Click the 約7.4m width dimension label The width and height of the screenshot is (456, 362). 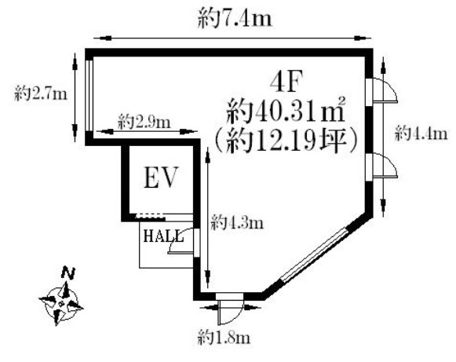point(235,20)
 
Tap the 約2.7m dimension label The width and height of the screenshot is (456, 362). point(41,93)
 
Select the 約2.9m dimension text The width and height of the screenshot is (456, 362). point(144,122)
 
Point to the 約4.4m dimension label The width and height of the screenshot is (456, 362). point(421,134)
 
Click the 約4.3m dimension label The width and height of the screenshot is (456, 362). point(237,222)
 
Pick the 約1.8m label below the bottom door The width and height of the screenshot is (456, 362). point(224,338)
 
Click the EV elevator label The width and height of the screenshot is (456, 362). point(161,177)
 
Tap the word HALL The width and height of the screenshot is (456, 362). point(164,236)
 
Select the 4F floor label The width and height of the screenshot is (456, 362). point(286,82)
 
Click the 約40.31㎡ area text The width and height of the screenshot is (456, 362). point(286,110)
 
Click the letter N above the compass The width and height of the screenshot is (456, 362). point(68,273)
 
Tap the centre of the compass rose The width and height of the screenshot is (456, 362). point(61,304)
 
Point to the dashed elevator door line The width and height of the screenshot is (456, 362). point(150,216)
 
